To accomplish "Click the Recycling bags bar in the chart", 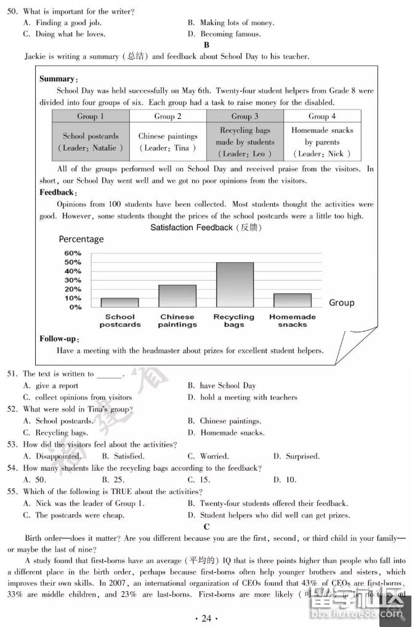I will click(234, 284).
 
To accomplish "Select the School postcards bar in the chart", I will click(119, 302).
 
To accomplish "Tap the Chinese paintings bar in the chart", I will click(177, 295).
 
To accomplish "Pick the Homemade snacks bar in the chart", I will click(293, 300).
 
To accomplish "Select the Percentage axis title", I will click(81, 239).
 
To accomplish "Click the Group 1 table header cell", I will click(91, 116).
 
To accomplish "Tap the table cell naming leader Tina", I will click(168, 142).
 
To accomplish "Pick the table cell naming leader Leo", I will click(244, 142).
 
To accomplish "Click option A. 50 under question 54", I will click(34, 479).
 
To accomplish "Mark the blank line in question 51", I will click(110, 374).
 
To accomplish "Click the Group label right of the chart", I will click(342, 303).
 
